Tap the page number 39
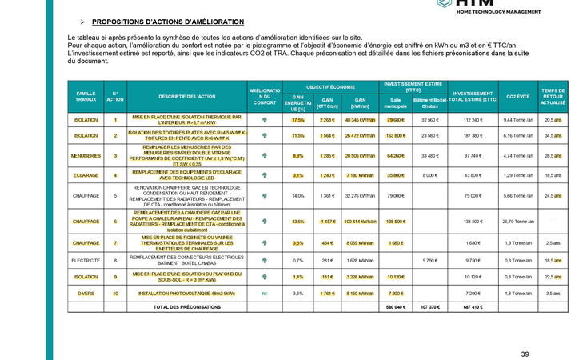coord(525,354)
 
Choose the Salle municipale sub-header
coord(397,103)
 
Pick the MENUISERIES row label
coord(86,155)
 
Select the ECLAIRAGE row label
coord(86,174)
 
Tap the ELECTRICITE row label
coord(86,260)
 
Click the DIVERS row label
coord(86,294)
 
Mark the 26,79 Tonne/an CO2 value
coord(517,221)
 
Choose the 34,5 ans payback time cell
coord(553,136)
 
